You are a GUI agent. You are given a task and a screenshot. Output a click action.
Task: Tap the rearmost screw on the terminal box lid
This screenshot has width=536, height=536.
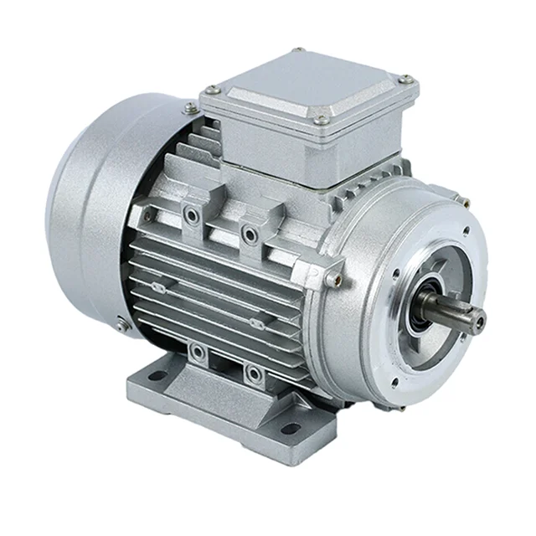(x=297, y=52)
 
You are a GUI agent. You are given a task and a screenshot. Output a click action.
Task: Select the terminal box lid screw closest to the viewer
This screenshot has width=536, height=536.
(x=322, y=121)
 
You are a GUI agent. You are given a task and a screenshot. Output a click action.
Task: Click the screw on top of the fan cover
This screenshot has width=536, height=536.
(x=191, y=107)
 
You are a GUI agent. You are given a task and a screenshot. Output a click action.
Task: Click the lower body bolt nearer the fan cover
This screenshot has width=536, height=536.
(x=197, y=352)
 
